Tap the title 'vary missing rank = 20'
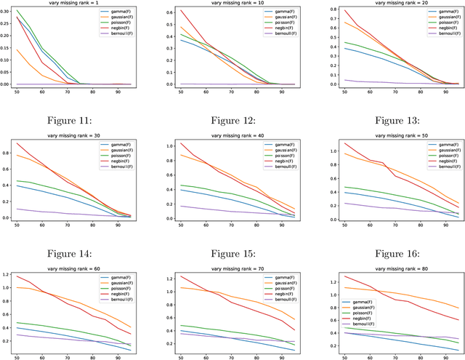click(x=385, y=4)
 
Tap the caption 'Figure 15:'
click(x=234, y=233)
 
